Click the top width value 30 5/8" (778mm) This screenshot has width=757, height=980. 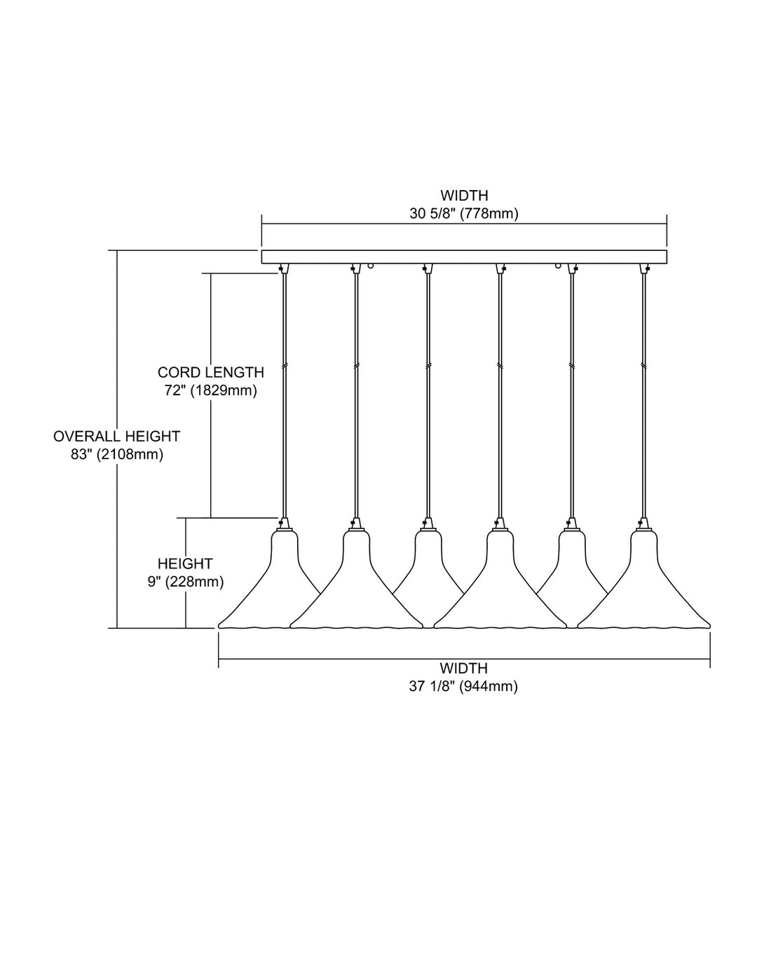pos(464,214)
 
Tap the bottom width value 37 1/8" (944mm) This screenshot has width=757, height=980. pos(463,686)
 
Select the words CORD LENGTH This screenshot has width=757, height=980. pos(210,372)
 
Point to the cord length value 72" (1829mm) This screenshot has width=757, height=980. pos(210,390)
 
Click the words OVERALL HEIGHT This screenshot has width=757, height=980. pos(117,436)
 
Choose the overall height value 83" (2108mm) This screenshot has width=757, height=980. pos(117,454)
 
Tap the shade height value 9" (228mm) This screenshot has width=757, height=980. pos(186,583)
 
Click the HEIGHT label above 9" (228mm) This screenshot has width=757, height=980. pos(185,564)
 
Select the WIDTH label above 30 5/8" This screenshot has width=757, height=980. pos(464,196)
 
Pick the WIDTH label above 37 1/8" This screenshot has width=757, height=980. pos(464,667)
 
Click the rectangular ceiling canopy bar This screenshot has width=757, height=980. pos(465,257)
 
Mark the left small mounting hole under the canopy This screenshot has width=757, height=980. pos(371,266)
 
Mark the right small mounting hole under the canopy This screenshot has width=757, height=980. pos(558,266)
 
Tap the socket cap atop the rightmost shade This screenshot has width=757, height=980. pos(644,524)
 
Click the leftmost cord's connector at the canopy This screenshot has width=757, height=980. pos(284,268)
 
